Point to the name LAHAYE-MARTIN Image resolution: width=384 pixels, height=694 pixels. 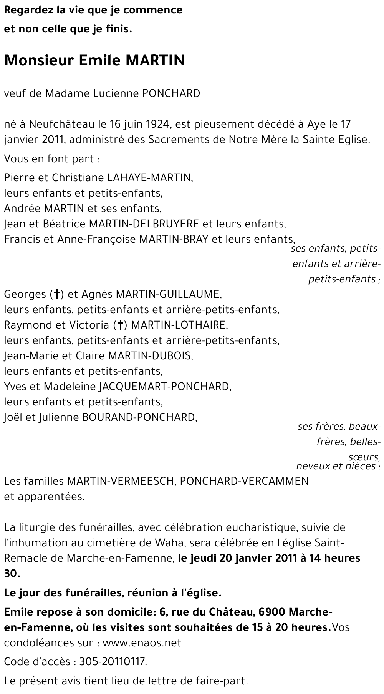click(x=149, y=177)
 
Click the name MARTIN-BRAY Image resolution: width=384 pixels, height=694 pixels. click(x=174, y=239)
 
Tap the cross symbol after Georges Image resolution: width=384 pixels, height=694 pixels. click(x=56, y=294)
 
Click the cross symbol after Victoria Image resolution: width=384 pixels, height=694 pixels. click(x=120, y=325)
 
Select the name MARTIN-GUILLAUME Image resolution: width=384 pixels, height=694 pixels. click(x=168, y=294)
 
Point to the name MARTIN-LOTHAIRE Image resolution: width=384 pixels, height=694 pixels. click(x=179, y=325)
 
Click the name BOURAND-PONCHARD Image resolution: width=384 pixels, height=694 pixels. click(x=139, y=417)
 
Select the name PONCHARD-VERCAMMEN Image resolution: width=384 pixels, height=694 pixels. click(x=244, y=481)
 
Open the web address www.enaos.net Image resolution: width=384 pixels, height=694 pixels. click(x=142, y=643)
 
